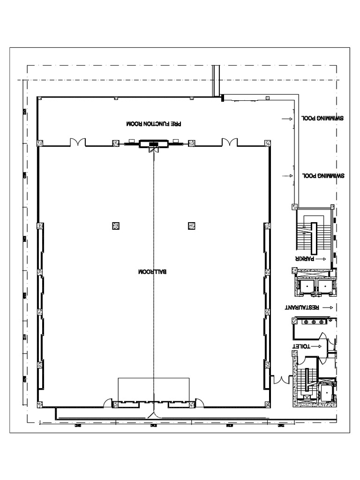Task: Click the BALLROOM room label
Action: click(153, 272)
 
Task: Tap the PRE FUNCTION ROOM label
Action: click(153, 124)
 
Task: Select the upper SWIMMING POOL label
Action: click(322, 119)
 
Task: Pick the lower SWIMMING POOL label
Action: click(324, 176)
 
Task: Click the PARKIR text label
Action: click(304, 258)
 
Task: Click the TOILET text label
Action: click(302, 346)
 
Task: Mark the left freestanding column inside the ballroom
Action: click(116, 226)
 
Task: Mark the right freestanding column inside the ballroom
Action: click(191, 226)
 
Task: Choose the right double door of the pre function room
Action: click(229, 142)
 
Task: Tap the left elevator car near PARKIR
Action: click(307, 286)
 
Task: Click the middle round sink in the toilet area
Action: click(314, 322)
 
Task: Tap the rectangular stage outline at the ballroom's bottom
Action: click(153, 389)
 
